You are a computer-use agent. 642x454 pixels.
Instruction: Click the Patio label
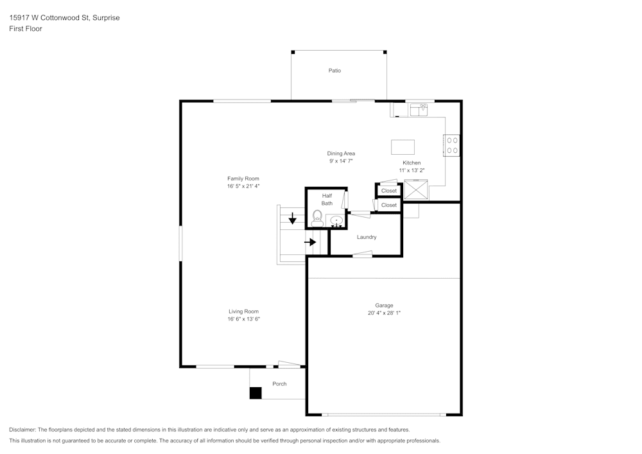point(334,71)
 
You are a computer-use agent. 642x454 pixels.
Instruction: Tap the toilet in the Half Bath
point(317,218)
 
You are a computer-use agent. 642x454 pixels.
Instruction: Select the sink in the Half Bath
point(336,221)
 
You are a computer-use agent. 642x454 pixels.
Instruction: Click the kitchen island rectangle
point(403,147)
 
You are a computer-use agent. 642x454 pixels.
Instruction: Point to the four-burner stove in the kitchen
point(451,145)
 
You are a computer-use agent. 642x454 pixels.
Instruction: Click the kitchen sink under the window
point(419,110)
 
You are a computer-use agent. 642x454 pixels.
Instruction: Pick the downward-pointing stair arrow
point(293,219)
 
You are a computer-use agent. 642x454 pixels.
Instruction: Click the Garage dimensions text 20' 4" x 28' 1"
point(385,313)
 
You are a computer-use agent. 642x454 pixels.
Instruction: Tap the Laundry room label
point(367,237)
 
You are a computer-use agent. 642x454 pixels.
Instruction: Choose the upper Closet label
point(389,191)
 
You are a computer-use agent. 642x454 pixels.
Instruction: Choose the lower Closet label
point(389,205)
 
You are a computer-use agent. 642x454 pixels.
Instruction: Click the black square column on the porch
point(256,393)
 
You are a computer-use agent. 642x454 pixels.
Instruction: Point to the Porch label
point(279,384)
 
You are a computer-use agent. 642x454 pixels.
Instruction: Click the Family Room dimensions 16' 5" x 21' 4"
point(243,186)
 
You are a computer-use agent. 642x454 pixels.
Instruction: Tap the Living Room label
point(243,311)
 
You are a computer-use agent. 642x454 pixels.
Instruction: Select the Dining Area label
point(341,153)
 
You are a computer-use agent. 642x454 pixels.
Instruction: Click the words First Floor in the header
point(26,29)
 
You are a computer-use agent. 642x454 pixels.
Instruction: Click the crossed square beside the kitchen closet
point(415,190)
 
